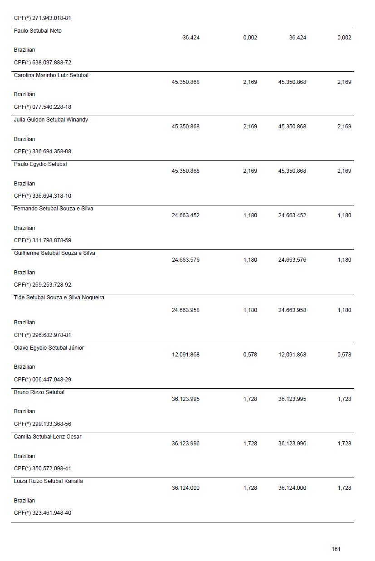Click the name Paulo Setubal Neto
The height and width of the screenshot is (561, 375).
tap(38, 31)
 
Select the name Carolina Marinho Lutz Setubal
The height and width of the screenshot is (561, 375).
tap(51, 75)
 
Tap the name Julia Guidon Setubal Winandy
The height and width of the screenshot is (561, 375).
tap(51, 120)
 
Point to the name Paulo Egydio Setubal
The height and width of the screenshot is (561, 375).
tap(40, 164)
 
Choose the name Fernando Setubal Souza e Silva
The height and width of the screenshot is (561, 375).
tap(54, 209)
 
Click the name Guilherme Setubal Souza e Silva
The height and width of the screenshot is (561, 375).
tap(54, 253)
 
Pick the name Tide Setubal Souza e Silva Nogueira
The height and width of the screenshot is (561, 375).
tap(59, 298)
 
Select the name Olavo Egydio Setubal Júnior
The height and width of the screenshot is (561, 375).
tap(49, 348)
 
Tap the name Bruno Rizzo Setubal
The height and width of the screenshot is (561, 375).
tap(39, 392)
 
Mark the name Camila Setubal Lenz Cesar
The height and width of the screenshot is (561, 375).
tap(48, 437)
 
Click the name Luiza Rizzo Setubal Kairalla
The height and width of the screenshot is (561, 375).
tap(49, 481)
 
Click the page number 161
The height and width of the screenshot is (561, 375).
tap(336, 549)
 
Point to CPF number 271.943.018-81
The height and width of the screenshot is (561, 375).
tap(52, 18)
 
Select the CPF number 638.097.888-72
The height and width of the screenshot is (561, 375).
tap(52, 63)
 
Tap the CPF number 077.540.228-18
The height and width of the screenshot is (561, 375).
tap(52, 107)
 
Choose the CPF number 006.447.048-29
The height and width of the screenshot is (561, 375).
tap(52, 380)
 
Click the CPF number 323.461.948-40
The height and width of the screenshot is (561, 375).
tap(52, 513)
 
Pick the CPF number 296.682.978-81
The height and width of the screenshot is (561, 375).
tap(52, 335)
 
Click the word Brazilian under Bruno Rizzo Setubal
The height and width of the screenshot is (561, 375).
tap(24, 411)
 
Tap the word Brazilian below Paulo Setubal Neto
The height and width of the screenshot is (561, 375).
tap(24, 50)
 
